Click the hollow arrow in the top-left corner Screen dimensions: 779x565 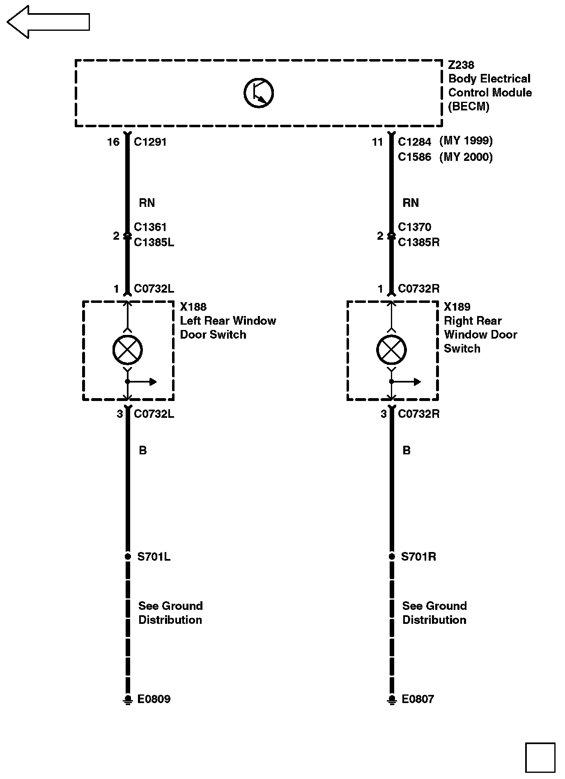[48, 22]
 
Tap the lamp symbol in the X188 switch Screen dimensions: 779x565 [128, 350]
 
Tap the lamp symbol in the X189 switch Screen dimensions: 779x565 [392, 350]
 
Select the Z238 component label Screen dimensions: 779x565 [461, 65]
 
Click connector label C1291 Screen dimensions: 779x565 [150, 142]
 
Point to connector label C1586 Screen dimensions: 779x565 [415, 157]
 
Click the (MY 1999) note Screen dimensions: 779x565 [466, 141]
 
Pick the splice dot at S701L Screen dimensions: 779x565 [128, 557]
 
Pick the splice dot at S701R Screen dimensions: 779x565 [392, 557]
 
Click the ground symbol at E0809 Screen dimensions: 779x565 [128, 699]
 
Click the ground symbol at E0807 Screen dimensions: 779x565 [392, 699]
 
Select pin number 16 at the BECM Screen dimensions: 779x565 [113, 142]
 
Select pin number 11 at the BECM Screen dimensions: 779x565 [377, 142]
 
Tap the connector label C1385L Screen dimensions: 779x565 [154, 242]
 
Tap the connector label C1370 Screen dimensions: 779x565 [415, 227]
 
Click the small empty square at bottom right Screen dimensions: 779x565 [540, 758]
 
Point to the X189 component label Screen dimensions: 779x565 [457, 307]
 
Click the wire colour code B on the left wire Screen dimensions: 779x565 [143, 451]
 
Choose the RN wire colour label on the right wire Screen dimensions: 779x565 [411, 203]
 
